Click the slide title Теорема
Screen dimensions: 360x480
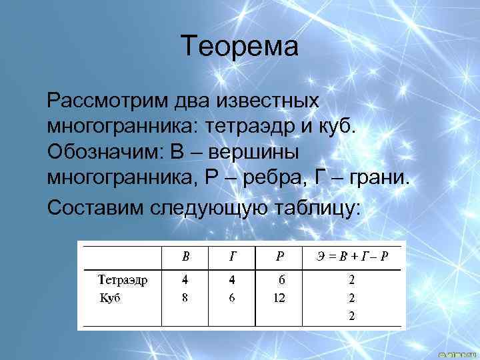pyautogui.click(x=240, y=47)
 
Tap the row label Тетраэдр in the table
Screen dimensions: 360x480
pyautogui.click(x=123, y=279)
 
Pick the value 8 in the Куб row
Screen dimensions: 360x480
pyautogui.click(x=185, y=298)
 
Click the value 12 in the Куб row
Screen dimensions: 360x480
pyautogui.click(x=279, y=298)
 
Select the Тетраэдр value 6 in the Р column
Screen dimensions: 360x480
pyautogui.click(x=281, y=279)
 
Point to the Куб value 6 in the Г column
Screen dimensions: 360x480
pyautogui.click(x=232, y=298)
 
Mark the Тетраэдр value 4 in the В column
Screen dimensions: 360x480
pyautogui.click(x=185, y=279)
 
